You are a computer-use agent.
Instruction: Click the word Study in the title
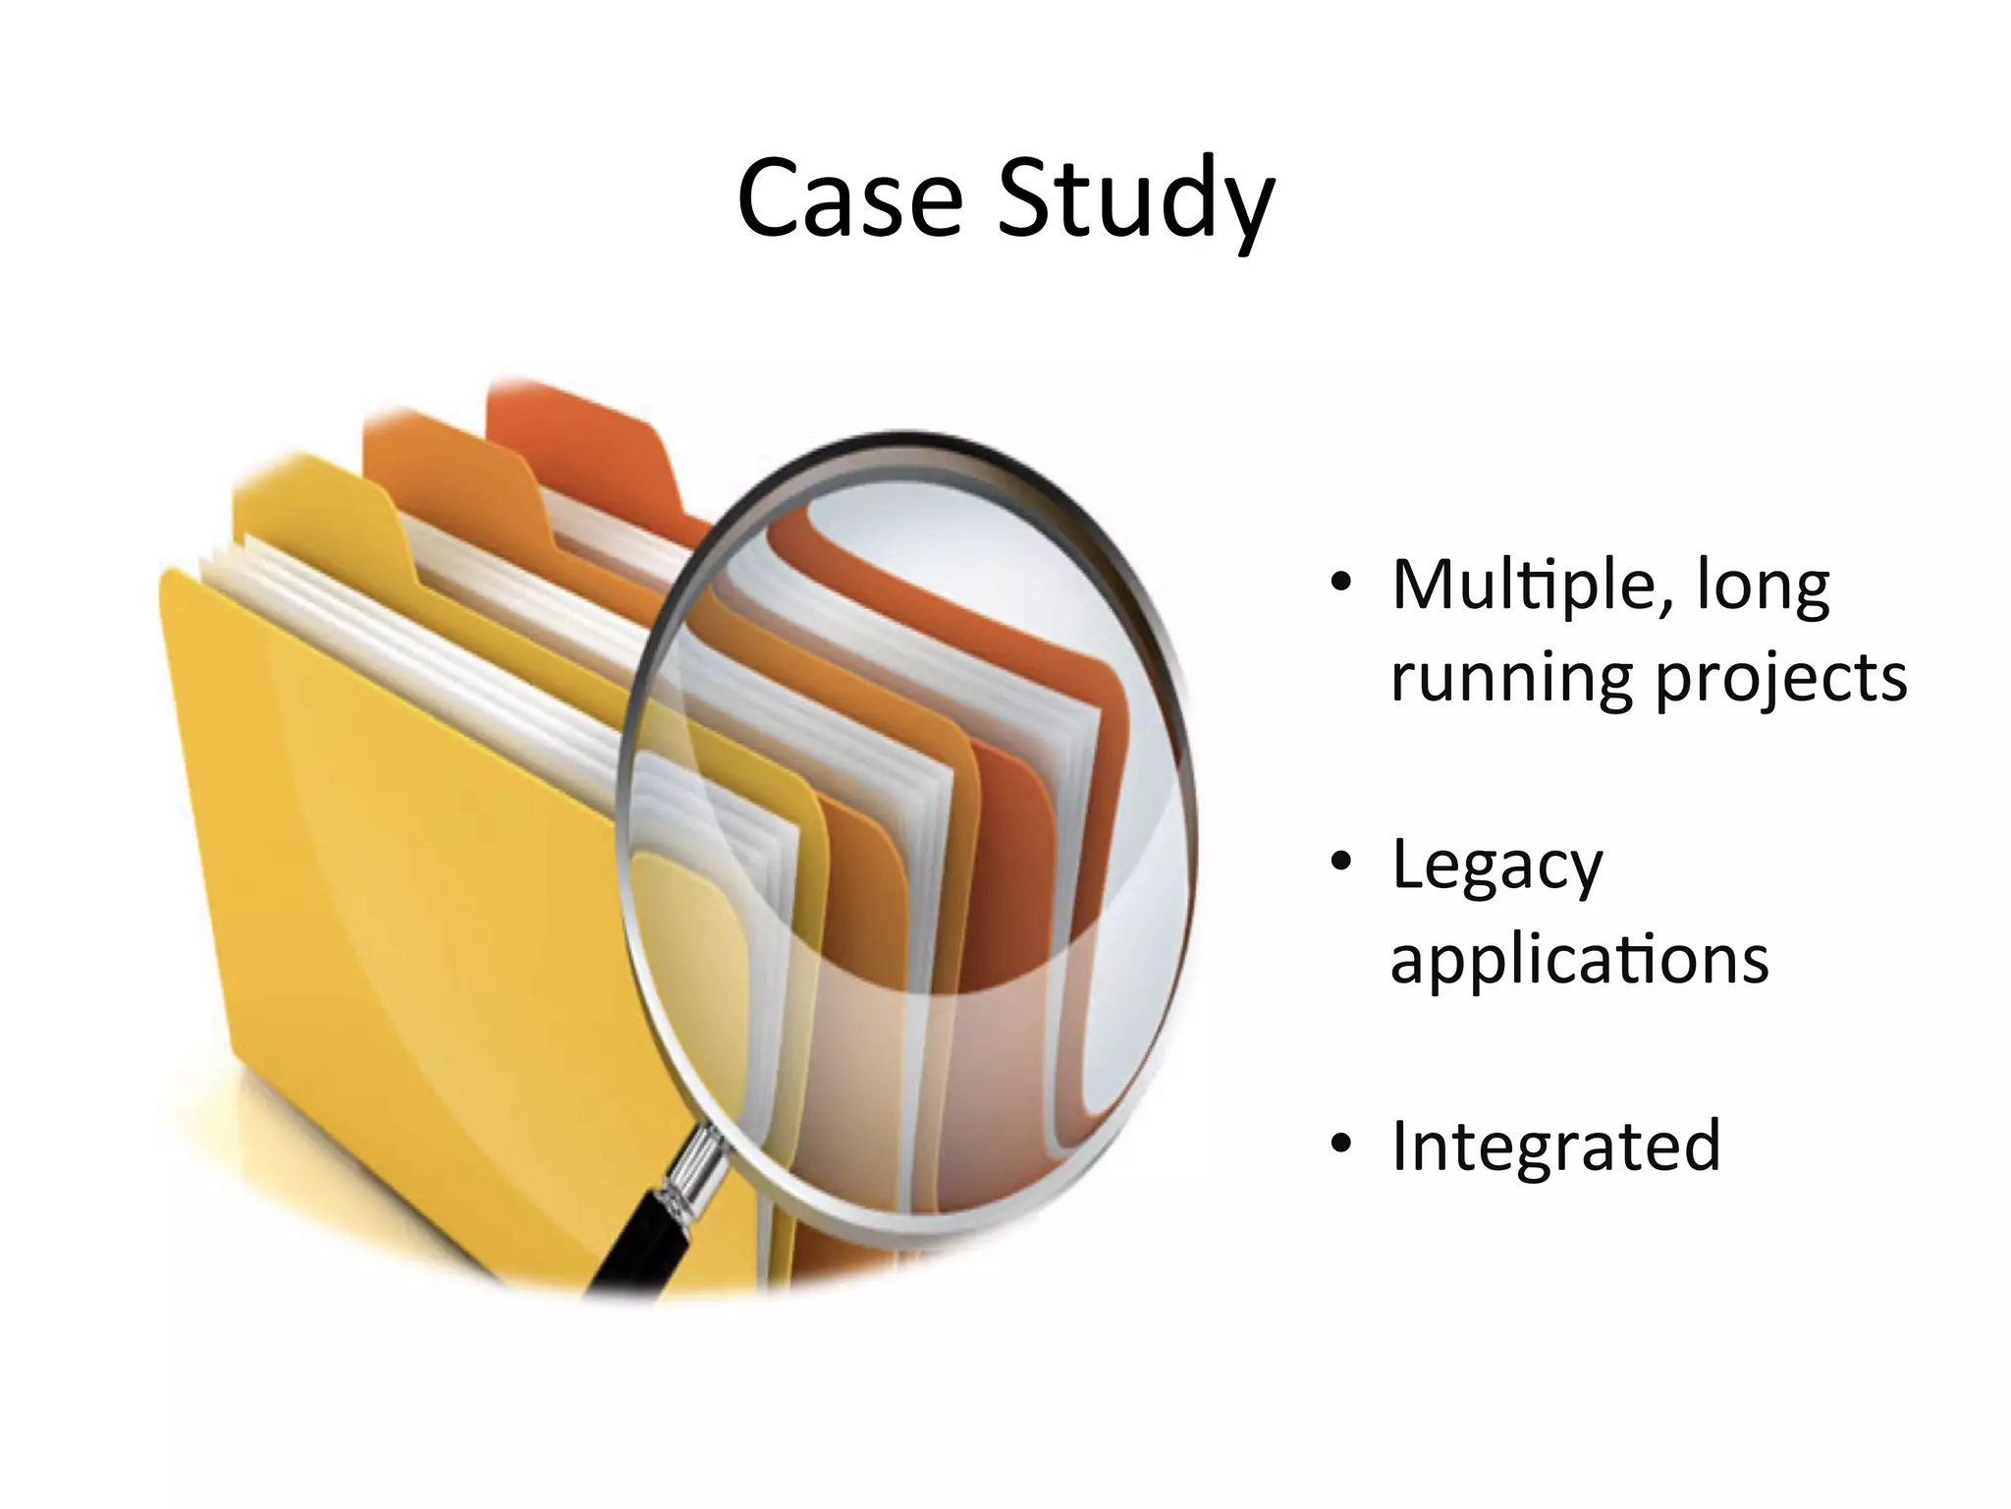tap(1135, 199)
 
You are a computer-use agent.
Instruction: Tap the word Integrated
tap(1555, 1146)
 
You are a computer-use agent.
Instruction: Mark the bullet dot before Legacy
tap(1341, 862)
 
